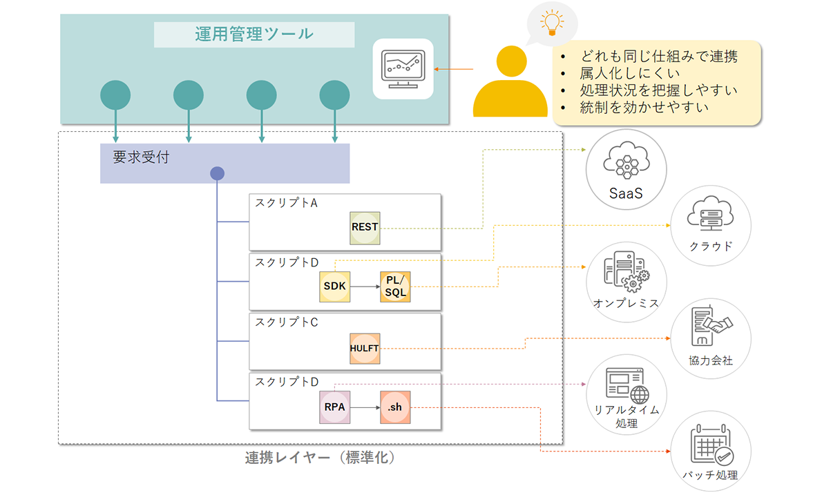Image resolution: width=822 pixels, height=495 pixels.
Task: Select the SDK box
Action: tap(334, 285)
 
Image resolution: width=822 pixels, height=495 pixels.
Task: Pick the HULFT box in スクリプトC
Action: tap(365, 348)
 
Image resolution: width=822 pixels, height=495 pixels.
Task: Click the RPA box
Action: tap(334, 407)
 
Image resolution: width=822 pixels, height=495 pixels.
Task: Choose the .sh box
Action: tap(395, 407)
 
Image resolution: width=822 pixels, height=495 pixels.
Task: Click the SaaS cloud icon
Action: tap(626, 162)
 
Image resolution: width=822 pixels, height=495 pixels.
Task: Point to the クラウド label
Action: tap(711, 246)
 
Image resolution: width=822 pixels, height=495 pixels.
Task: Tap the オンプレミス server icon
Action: tap(625, 273)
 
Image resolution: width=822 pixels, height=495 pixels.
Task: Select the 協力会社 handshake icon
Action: tap(711, 327)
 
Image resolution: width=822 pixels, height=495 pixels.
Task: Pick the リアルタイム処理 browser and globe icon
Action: tap(626, 385)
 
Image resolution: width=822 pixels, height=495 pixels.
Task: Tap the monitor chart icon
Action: tap(403, 68)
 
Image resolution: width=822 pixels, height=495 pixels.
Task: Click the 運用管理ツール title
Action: tap(254, 34)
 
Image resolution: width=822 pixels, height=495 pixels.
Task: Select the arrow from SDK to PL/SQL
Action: tap(365, 285)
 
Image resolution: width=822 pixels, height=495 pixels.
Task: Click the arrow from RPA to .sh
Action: tap(365, 407)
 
